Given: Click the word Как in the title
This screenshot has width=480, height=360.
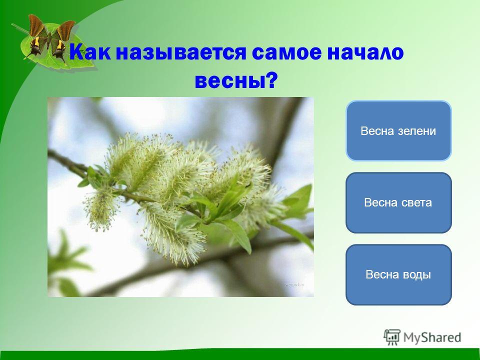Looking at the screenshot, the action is (90, 52).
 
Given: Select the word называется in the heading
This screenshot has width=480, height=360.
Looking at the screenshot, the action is (181, 52).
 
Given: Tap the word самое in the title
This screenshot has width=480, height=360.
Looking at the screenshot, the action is (287, 52).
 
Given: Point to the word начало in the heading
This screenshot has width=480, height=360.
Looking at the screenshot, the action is (365, 52).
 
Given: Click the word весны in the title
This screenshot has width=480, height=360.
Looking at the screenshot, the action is (229, 81).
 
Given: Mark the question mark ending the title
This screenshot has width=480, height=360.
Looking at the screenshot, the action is (271, 80).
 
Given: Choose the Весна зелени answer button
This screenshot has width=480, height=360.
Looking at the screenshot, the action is (398, 130).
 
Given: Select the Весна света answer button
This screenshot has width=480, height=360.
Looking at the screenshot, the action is (398, 202).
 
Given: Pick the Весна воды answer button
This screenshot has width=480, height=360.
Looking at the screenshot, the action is (398, 274).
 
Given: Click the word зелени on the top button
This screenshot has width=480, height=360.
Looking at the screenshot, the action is (417, 131).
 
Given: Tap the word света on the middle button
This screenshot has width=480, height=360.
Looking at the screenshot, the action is (415, 202).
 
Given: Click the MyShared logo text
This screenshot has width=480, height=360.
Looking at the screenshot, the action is (432, 337).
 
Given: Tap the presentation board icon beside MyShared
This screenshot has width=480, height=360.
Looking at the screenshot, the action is (392, 337).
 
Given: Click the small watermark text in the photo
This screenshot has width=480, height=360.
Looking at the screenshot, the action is (294, 284).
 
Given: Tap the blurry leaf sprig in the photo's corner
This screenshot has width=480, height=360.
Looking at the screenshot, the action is (68, 263).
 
